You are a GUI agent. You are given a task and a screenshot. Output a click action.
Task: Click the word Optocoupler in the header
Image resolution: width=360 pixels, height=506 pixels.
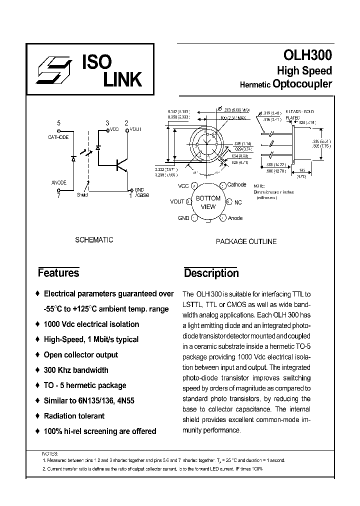302,84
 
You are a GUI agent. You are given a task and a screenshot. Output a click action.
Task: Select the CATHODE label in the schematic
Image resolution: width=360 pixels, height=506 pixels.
58,137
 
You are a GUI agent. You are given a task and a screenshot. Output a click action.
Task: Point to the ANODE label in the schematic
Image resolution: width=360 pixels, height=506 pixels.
58,182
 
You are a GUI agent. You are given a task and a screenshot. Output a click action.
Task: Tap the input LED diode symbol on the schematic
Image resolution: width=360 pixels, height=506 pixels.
73,158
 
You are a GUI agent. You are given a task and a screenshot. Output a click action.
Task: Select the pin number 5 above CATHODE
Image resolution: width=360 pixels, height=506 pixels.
59,123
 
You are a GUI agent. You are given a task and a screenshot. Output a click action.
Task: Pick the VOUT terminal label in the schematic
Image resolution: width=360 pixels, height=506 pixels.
136,129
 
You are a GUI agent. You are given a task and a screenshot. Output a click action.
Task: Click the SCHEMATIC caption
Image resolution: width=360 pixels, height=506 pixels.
94,239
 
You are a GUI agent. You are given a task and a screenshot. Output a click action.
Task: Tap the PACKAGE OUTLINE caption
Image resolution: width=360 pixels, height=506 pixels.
246,241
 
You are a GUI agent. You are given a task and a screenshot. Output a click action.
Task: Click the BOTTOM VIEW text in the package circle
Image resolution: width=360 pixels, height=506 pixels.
208,202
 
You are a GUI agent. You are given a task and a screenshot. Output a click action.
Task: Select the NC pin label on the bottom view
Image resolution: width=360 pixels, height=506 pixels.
238,202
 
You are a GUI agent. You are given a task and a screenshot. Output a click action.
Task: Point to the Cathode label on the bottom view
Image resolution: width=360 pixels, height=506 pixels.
237,184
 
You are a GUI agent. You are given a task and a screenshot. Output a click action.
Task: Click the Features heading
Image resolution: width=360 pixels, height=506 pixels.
58,273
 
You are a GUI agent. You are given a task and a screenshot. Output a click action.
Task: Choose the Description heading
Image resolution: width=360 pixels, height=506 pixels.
211,273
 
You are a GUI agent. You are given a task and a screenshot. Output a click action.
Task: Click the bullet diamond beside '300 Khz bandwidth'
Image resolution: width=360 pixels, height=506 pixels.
38,370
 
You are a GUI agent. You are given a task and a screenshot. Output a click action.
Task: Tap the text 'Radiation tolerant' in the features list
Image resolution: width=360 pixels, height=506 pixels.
74,416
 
